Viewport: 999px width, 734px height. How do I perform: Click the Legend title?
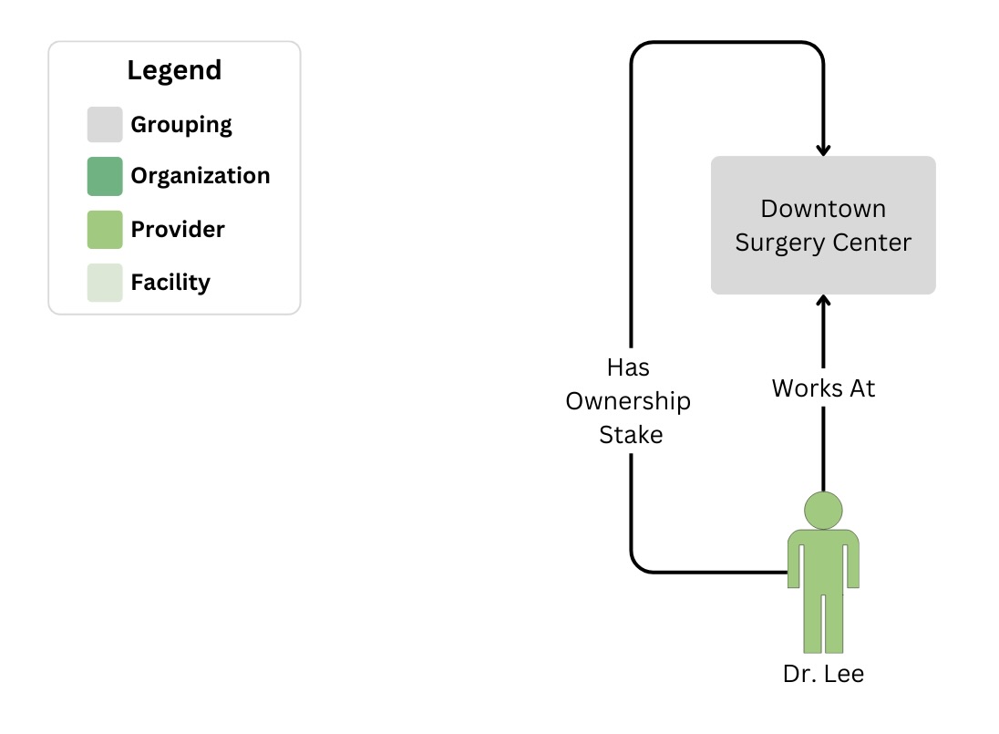pyautogui.click(x=174, y=70)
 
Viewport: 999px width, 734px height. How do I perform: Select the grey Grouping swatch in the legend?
pyautogui.click(x=105, y=125)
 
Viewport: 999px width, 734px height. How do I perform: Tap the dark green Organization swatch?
pyautogui.click(x=105, y=176)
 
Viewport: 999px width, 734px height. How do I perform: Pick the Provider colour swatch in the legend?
pyautogui.click(x=105, y=229)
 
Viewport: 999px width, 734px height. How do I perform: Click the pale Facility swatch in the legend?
pyautogui.click(x=105, y=282)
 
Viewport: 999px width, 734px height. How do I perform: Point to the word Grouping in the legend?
pyautogui.click(x=181, y=125)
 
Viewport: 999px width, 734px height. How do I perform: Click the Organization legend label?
pyautogui.click(x=201, y=176)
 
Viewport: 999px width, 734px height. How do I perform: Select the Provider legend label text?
pyautogui.click(x=178, y=229)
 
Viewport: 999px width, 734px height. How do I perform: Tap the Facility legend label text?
pyautogui.click(x=170, y=282)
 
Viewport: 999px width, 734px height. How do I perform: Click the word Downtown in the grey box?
pyautogui.click(x=823, y=209)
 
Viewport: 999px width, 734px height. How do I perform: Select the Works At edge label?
pyautogui.click(x=823, y=388)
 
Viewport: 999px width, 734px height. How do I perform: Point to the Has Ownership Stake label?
pyautogui.click(x=629, y=401)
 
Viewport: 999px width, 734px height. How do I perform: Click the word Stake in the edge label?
pyautogui.click(x=631, y=435)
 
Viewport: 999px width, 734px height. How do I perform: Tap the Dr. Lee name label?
pyautogui.click(x=823, y=675)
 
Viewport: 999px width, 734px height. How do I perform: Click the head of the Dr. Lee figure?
pyautogui.click(x=823, y=511)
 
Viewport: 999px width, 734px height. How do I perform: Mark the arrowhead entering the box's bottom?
pyautogui.click(x=823, y=302)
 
